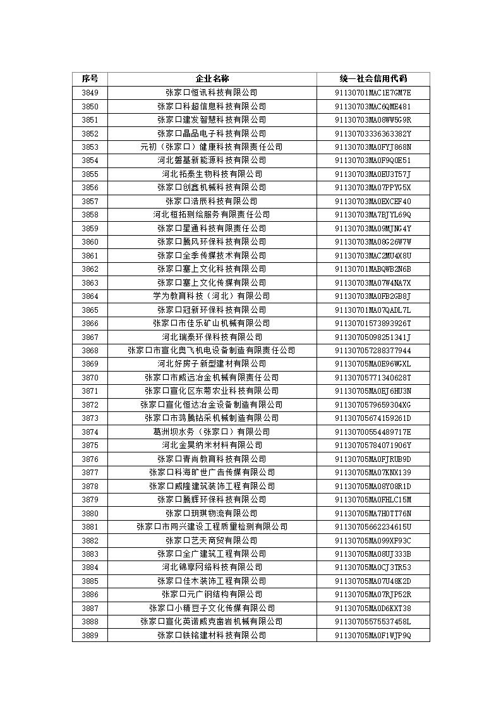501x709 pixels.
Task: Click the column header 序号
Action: coord(90,79)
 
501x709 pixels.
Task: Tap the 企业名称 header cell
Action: coord(212,79)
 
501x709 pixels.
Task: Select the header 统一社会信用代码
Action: coord(373,79)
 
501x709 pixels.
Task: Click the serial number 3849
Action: coord(90,93)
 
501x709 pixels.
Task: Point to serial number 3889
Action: coord(90,635)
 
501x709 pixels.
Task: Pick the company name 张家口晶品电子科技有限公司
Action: coord(212,133)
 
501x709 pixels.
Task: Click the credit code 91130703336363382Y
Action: coord(373,133)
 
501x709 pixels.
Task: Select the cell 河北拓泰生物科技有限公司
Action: coord(212,174)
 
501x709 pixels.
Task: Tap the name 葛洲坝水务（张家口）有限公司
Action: coord(212,432)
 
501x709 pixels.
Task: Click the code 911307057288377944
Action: coord(373,350)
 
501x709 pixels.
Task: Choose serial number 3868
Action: coord(90,350)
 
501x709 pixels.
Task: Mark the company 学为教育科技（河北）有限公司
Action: coord(212,296)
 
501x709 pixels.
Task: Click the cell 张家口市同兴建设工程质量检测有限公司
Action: coord(212,526)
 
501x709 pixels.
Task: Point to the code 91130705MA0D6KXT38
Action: coord(373,608)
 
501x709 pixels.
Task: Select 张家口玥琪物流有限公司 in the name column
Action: coord(212,513)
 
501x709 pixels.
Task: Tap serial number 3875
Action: coord(90,445)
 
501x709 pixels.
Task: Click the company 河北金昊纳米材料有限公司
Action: coord(212,445)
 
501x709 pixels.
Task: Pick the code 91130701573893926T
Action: coord(373,323)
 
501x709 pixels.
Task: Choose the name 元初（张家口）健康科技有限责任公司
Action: coord(212,147)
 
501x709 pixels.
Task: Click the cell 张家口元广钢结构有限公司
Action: coord(212,594)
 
